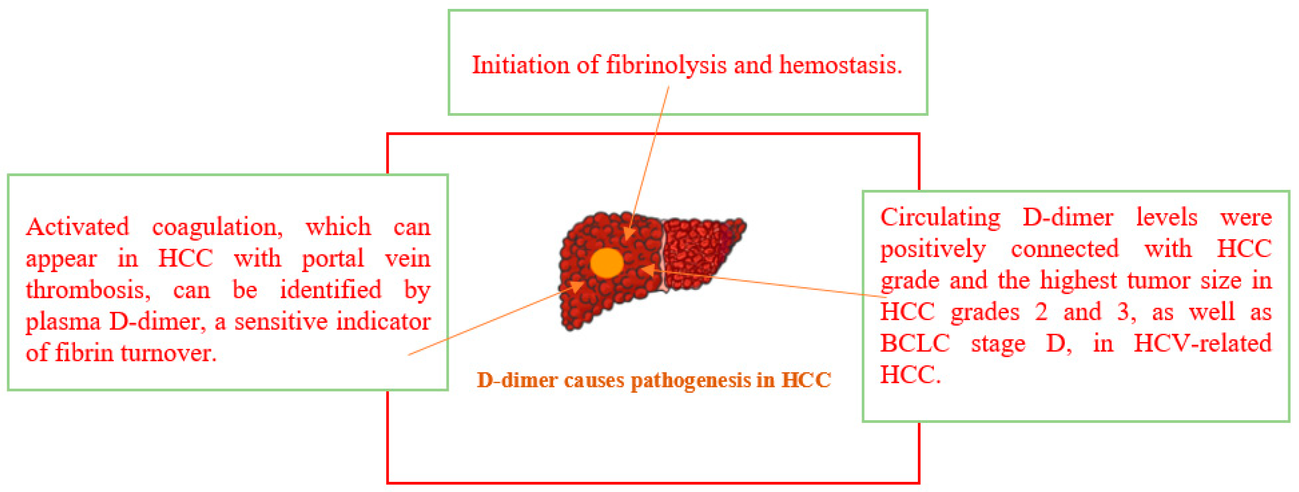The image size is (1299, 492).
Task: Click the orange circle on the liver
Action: pyautogui.click(x=607, y=263)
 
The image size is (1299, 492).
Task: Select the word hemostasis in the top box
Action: pyautogui.click(x=840, y=65)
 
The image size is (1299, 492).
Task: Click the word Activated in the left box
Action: pyautogui.click(x=78, y=227)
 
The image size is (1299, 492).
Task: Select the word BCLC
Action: pyautogui.click(x=915, y=344)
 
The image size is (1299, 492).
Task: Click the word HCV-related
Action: pyautogui.click(x=1203, y=344)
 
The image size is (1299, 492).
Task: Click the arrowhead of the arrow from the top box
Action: pyautogui.click(x=627, y=233)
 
